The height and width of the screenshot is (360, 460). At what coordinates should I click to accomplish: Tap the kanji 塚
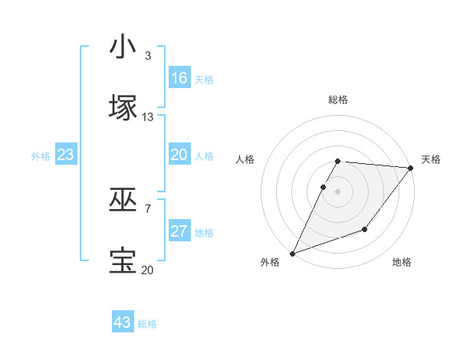(x=123, y=108)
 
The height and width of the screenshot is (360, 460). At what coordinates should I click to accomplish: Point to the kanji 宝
(x=123, y=261)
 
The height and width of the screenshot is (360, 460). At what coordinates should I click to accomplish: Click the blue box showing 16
(x=179, y=78)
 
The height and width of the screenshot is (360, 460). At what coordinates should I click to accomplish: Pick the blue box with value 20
(x=179, y=155)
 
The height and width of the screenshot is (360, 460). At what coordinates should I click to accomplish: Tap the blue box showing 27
(x=179, y=231)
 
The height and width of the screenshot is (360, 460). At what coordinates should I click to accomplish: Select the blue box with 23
(x=66, y=155)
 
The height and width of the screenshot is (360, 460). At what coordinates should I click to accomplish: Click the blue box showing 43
(x=123, y=322)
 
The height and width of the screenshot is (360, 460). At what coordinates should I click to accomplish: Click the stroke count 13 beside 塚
(x=148, y=116)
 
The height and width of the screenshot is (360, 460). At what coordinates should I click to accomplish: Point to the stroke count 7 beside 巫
(x=148, y=208)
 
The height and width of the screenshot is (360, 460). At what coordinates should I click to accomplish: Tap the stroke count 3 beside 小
(x=148, y=56)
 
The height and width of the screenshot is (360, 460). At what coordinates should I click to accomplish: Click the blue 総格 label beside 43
(x=148, y=324)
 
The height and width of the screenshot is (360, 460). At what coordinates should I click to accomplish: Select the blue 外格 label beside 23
(x=41, y=156)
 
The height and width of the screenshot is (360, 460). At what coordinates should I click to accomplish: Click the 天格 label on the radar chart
(x=431, y=159)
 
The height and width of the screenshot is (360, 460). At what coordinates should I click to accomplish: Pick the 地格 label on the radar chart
(x=402, y=262)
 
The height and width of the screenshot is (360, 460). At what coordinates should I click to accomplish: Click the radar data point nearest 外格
(x=292, y=254)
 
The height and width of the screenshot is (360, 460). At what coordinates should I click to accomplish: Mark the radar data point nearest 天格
(x=411, y=168)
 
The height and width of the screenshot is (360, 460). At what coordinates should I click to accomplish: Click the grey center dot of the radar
(x=337, y=191)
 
